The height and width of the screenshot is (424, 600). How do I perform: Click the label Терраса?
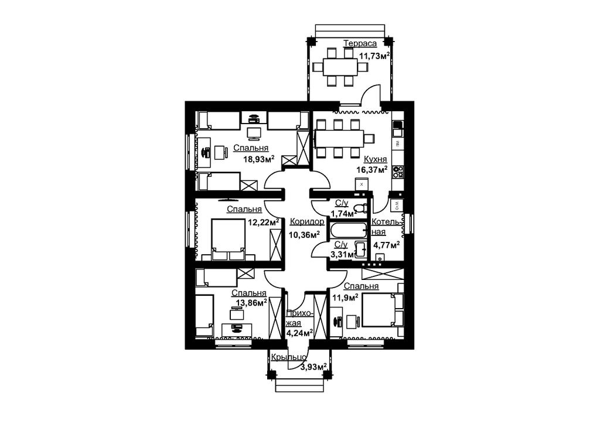tap(360, 43)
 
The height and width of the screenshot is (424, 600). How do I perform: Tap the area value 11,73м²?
tap(374, 56)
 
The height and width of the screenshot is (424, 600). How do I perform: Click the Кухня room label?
tap(375, 159)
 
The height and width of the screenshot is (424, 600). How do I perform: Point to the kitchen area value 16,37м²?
tap(372, 170)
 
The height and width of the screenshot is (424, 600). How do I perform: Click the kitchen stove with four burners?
tap(398, 172)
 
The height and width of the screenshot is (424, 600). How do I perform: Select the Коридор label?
tap(307, 221)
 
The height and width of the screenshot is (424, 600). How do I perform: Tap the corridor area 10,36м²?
tap(304, 234)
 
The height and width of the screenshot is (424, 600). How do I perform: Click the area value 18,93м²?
tap(258, 159)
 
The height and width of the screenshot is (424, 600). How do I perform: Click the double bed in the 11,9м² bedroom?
tap(378, 310)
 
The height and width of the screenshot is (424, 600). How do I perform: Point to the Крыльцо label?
tap(288, 358)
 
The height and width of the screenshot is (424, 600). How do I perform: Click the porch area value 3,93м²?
tap(313, 367)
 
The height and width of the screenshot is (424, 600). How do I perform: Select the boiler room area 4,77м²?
tap(387, 245)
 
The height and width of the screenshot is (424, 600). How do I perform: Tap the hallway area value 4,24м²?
tap(299, 333)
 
